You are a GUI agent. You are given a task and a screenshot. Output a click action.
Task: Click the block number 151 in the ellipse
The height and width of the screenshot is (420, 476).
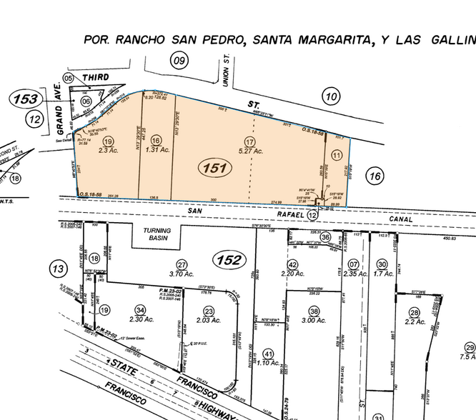[x=214, y=169]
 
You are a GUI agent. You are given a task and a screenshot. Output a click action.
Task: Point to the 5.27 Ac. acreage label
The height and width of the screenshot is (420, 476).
[x=249, y=151]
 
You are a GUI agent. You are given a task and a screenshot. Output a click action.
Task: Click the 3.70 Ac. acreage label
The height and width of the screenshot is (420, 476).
[x=182, y=273]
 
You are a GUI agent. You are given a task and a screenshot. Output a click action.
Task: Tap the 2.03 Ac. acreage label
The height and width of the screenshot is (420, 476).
[x=208, y=321]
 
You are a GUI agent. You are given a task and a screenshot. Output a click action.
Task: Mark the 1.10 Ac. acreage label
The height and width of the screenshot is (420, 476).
[x=269, y=363]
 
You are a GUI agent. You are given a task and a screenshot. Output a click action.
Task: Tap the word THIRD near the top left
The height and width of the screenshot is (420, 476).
[x=95, y=76]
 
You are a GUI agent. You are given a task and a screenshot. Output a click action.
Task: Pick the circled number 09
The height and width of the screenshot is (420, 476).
[x=178, y=61]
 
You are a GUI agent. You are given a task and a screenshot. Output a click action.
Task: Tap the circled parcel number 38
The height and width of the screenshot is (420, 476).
[x=314, y=311]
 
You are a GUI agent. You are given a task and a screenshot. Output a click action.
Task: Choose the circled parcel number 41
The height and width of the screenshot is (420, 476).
[x=269, y=354]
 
